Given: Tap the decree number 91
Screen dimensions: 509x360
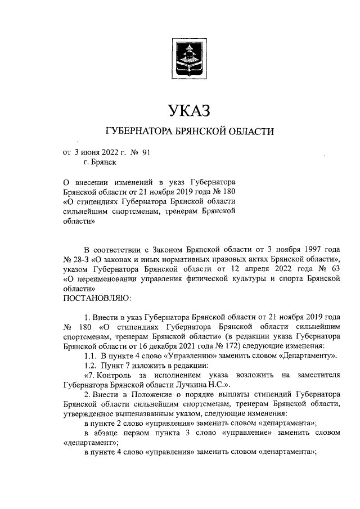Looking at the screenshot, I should tap(145, 152).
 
